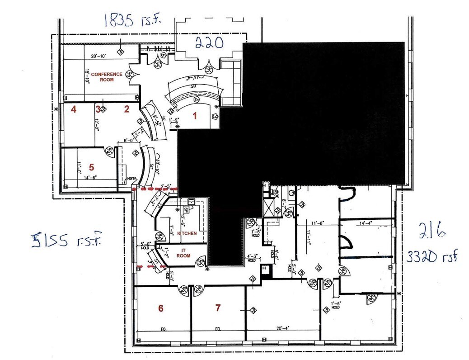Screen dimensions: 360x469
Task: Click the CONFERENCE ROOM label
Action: click(107, 76)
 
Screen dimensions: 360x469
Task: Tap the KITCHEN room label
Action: click(187, 233)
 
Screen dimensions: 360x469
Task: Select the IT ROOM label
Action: click(184, 253)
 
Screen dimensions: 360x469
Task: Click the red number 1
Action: click(195, 116)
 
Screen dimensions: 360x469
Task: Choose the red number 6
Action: click(160, 308)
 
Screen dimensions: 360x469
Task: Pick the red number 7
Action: click(218, 308)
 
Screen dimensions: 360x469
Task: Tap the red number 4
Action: click(73, 109)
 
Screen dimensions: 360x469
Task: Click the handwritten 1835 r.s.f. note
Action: click(131, 20)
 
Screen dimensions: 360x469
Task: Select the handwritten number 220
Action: click(209, 43)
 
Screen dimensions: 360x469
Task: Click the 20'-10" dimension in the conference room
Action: click(99, 56)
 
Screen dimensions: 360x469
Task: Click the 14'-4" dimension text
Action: click(367, 223)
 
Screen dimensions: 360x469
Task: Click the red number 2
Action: click(127, 109)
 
